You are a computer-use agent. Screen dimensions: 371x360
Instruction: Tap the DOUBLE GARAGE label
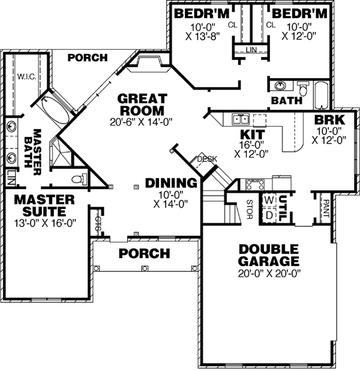click(x=268, y=255)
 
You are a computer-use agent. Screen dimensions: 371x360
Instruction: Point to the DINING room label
click(x=171, y=183)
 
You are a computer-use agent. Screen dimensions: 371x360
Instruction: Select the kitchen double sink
click(x=241, y=119)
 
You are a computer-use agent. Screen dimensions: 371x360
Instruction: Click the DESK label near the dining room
click(x=207, y=159)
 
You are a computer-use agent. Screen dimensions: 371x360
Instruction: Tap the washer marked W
click(x=268, y=201)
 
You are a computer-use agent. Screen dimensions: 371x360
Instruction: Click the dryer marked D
click(x=268, y=214)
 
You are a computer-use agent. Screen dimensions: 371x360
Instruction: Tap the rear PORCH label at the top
click(x=87, y=58)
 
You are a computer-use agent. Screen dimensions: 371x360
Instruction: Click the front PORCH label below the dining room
click(x=144, y=253)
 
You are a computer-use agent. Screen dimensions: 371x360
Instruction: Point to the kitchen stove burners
click(x=256, y=183)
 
